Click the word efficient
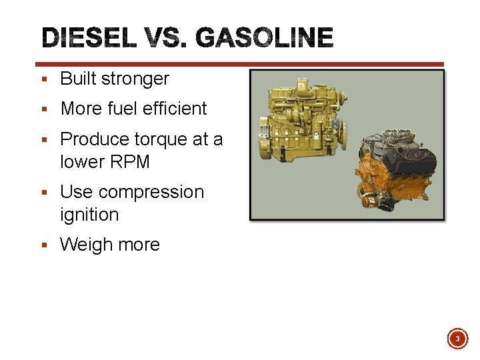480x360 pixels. point(174,109)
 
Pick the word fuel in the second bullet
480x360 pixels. point(123,109)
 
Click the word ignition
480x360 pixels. point(89,215)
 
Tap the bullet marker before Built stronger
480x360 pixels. point(44,79)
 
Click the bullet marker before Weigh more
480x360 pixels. point(44,245)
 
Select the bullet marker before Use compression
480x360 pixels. point(44,193)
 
